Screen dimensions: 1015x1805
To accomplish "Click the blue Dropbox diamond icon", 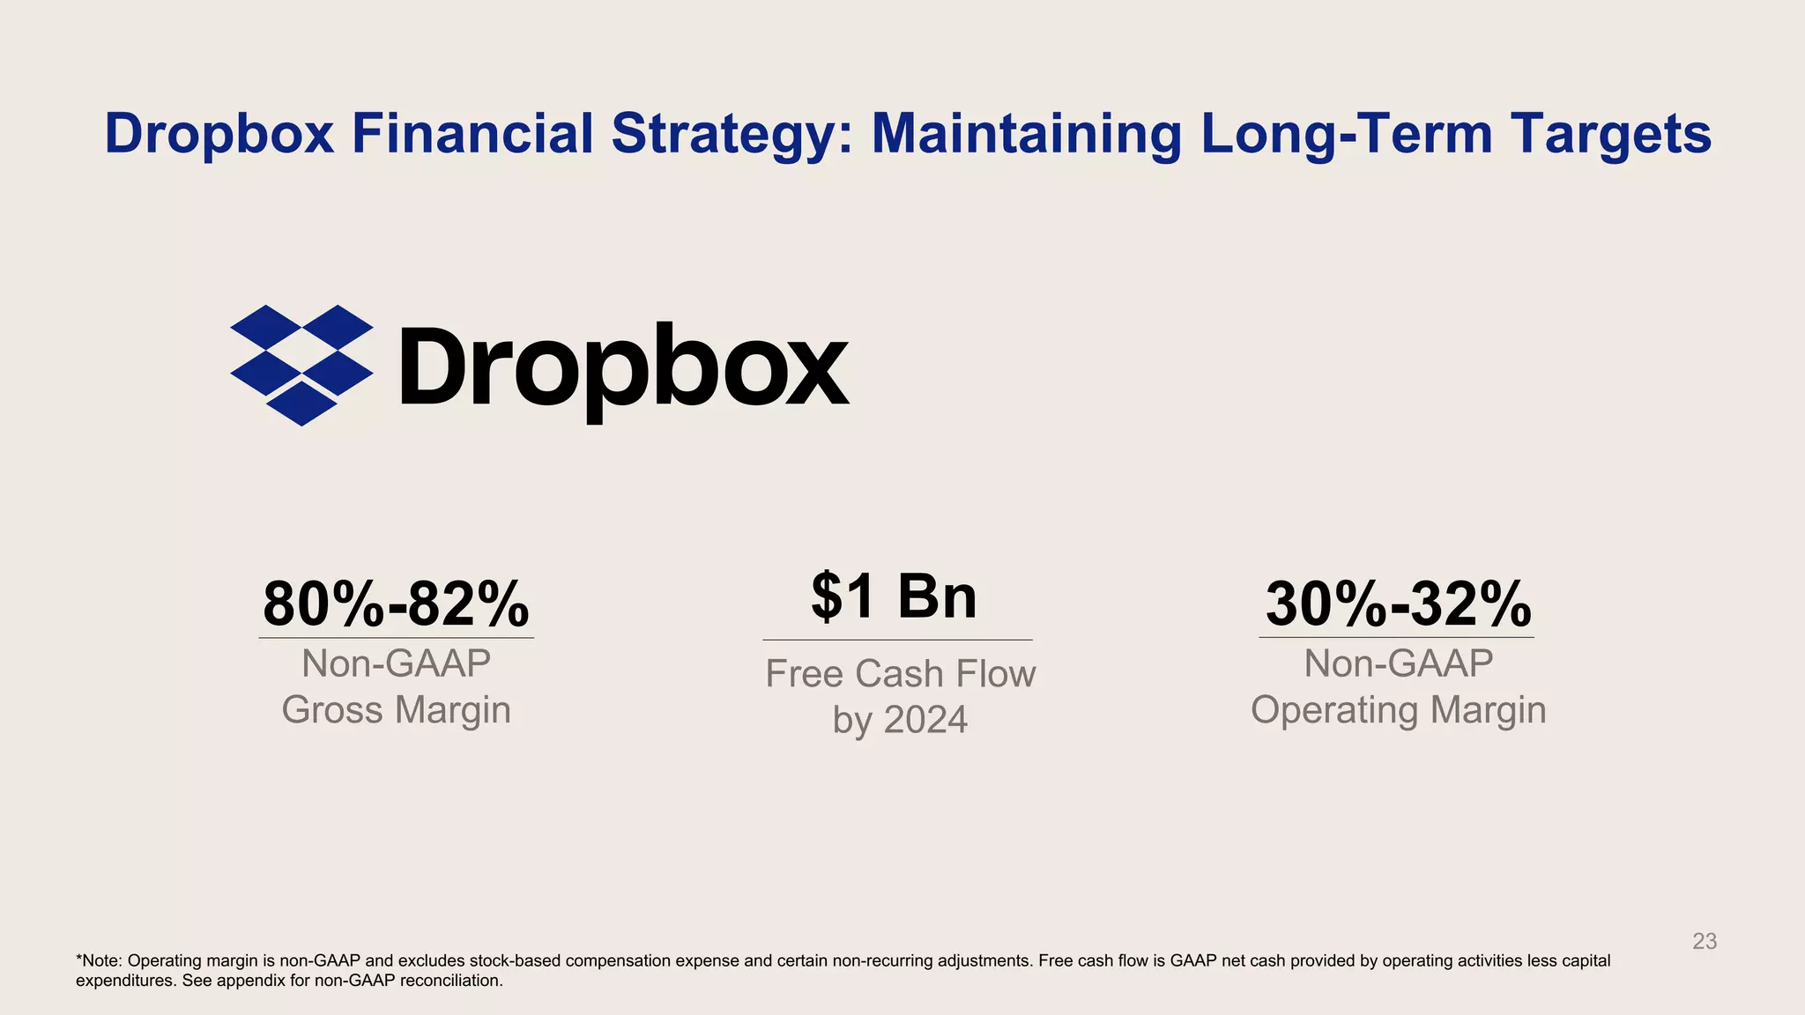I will pyautogui.click(x=301, y=365).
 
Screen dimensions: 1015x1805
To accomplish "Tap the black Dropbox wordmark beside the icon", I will pyautogui.click(x=624, y=367).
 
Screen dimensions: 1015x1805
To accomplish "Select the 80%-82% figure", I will pyautogui.click(x=396, y=604).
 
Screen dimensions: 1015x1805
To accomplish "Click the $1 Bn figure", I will pyautogui.click(x=894, y=596).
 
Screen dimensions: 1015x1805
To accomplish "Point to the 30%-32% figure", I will pyautogui.click(x=1398, y=604).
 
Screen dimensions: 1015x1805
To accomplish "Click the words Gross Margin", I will pyautogui.click(x=396, y=710).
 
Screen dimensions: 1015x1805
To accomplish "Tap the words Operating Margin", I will pyautogui.click(x=1398, y=710).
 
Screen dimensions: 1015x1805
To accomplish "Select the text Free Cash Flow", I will pyautogui.click(x=900, y=674).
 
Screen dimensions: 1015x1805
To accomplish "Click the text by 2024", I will pyautogui.click(x=900, y=720).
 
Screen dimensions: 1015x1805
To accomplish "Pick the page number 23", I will pyautogui.click(x=1705, y=941).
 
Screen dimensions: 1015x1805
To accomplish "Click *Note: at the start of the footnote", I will pyautogui.click(x=100, y=960).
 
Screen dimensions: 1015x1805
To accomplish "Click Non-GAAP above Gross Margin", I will pyautogui.click(x=396, y=663).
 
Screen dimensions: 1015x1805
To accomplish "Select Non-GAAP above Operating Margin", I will pyautogui.click(x=1398, y=663).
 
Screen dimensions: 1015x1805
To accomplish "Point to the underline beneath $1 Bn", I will pyautogui.click(x=896, y=640).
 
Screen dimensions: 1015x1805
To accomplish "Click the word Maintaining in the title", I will pyautogui.click(x=1027, y=134).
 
